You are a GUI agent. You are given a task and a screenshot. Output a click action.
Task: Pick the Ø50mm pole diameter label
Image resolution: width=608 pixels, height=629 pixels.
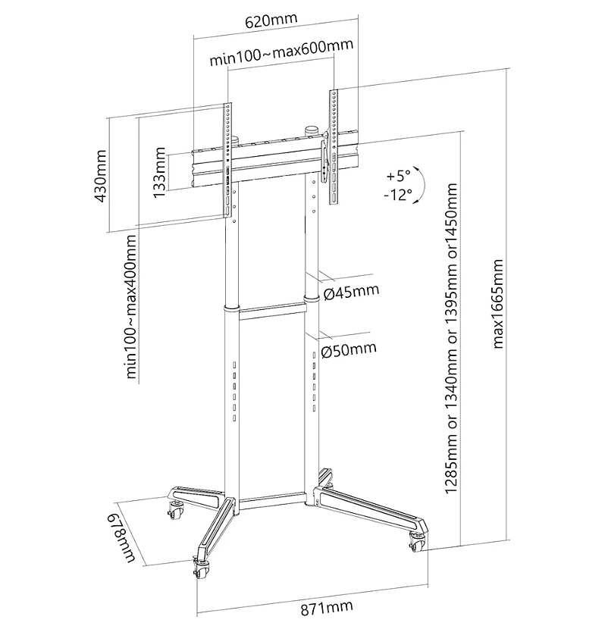[349, 349]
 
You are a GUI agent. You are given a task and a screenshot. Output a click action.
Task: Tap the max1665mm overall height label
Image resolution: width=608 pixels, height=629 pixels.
[498, 304]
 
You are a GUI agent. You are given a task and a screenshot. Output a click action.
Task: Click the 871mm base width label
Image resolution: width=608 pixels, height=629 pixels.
[314, 607]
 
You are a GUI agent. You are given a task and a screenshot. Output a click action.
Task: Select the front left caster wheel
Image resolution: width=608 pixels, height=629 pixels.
[200, 568]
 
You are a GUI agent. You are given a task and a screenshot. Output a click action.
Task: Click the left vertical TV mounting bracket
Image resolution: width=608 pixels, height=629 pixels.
[227, 159]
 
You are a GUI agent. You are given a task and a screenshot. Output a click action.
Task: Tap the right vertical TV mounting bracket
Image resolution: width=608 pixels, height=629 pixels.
[331, 146]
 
